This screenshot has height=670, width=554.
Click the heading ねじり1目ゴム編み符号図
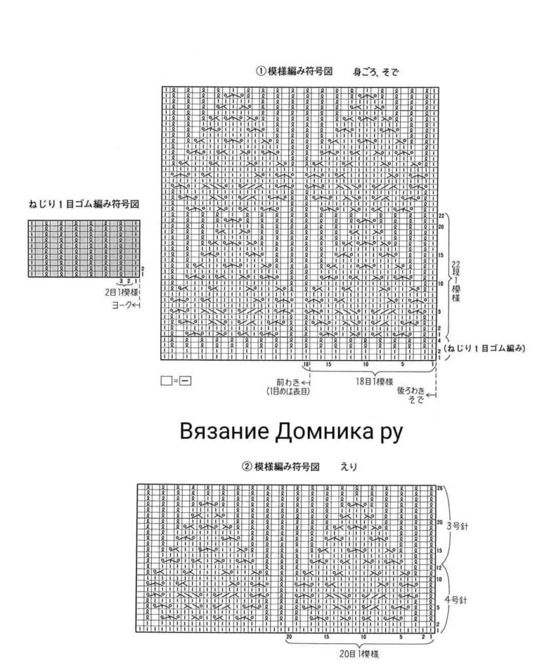(84, 205)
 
